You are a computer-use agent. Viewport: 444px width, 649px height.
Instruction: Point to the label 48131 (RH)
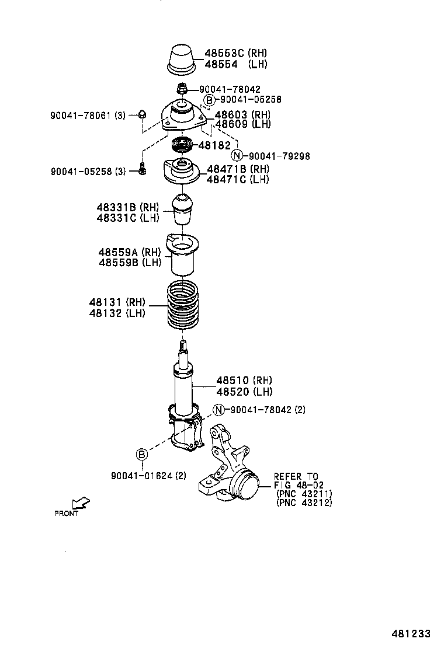coord(117,302)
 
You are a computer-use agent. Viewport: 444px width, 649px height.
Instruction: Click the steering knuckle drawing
coord(230,467)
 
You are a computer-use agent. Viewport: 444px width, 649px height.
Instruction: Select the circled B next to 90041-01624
coord(143,454)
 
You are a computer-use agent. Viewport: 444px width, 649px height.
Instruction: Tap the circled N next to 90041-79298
coord(237,155)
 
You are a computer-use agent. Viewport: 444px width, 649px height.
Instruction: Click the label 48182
coord(215,145)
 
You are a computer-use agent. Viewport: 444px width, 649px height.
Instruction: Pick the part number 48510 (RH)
coord(244,381)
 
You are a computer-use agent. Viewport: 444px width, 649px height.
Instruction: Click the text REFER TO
coord(296,477)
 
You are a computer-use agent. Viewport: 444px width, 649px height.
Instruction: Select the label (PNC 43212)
coord(304,503)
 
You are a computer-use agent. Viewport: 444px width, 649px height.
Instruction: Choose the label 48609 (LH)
coord(242,124)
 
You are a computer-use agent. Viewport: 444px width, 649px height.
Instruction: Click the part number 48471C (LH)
coord(238,179)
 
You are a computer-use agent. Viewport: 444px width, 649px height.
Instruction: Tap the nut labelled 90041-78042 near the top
coord(183,89)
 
